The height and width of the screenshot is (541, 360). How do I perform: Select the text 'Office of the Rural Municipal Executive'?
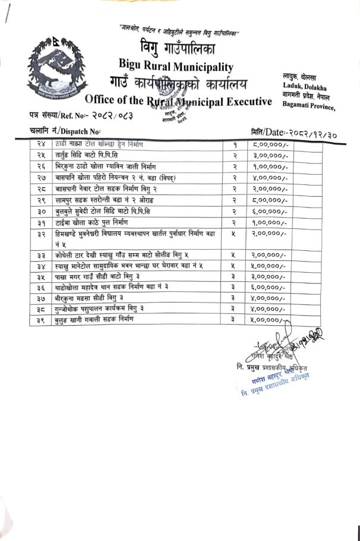[178, 100]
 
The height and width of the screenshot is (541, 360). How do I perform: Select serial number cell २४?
[41, 144]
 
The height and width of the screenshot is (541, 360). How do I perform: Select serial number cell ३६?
[41, 287]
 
